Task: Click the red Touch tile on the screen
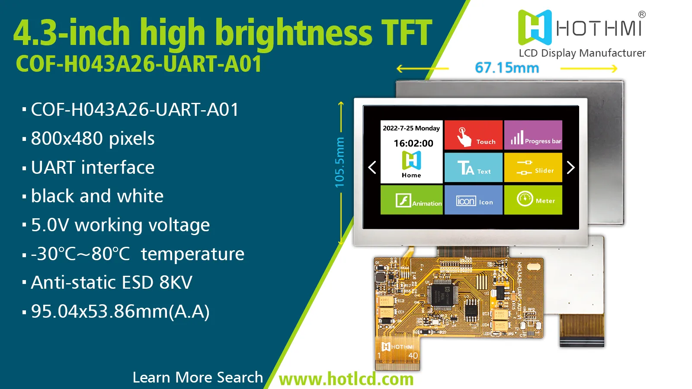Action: coord(473,135)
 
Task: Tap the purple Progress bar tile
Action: coord(533,135)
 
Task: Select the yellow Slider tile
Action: coord(533,167)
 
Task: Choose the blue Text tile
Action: coord(473,167)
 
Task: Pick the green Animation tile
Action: coord(411,200)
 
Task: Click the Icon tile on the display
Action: coord(473,200)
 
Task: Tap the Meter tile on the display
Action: coord(533,200)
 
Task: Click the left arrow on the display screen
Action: coord(372,167)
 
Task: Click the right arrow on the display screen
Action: coord(570,167)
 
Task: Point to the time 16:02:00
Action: coord(413,143)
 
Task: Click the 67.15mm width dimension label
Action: coord(507,68)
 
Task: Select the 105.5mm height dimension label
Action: coord(340,163)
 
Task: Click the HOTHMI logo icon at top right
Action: coord(535,28)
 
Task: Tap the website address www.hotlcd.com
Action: coord(346,379)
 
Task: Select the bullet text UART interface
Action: coord(93,167)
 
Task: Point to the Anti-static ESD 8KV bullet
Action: coord(112,283)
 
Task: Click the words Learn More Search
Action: coord(198,377)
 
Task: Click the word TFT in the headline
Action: coord(406,32)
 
